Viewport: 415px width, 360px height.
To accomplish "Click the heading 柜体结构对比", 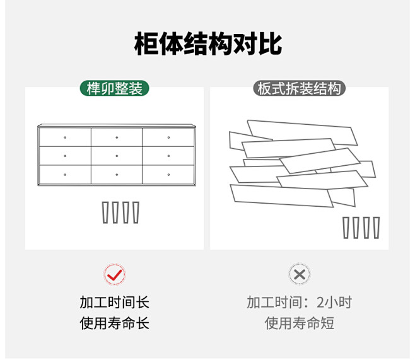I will [x=208, y=45].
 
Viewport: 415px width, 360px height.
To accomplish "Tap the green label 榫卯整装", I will [x=114, y=88].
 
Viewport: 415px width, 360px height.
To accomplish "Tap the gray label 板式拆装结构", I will [x=300, y=88].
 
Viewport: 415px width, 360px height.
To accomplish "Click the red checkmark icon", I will [x=114, y=274].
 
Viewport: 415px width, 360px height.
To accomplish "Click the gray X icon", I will [x=300, y=274].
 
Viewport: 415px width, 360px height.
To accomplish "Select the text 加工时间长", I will [x=114, y=302].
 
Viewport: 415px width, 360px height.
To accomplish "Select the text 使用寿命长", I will [x=114, y=323].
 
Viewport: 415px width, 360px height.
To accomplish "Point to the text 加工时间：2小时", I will [x=300, y=302].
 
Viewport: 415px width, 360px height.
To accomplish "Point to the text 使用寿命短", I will [x=300, y=323].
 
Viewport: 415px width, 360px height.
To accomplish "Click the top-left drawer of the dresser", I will [x=64, y=137].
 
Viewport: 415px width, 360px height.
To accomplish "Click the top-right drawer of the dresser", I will [x=168, y=137].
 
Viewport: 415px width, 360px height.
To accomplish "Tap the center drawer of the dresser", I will [x=117, y=155].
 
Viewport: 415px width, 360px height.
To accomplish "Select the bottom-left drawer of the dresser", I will [x=64, y=173].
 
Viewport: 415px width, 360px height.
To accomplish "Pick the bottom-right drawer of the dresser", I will [x=168, y=173].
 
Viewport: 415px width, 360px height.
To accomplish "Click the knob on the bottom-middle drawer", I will [x=117, y=173].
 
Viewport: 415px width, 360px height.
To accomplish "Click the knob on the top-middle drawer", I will [x=117, y=137].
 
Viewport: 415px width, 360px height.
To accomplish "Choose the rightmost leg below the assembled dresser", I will [x=134, y=212].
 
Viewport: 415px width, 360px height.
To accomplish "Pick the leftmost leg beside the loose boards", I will [x=346, y=228].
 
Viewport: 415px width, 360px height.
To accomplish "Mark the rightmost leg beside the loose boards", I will [x=377, y=228].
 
